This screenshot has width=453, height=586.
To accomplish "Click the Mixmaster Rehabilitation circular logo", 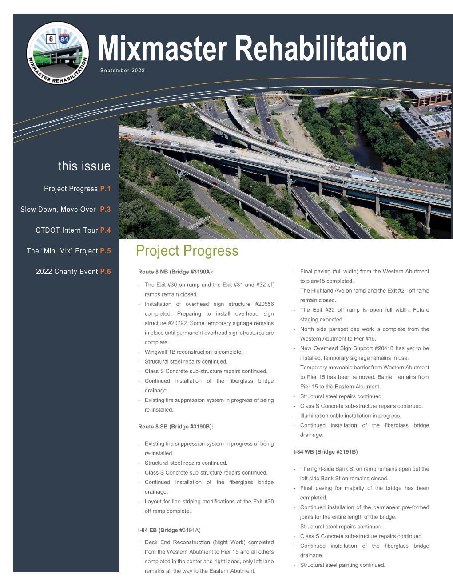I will (x=58, y=52).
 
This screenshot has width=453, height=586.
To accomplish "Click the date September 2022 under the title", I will (x=123, y=71).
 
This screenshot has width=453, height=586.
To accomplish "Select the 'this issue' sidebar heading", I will (x=84, y=166).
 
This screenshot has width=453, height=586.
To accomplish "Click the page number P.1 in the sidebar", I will (x=105, y=189).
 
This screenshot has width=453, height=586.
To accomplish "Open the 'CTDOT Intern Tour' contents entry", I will (x=67, y=230).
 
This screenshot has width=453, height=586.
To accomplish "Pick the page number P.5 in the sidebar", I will (x=105, y=251).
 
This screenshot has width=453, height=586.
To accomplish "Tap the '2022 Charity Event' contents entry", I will (x=67, y=272).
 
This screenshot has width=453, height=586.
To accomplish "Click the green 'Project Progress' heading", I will (x=187, y=251).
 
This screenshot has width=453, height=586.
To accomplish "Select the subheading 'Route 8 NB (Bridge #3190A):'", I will (x=176, y=272).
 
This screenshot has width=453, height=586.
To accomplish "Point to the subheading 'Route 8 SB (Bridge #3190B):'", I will (x=175, y=427).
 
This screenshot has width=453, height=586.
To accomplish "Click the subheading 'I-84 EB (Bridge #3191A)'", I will (x=169, y=530).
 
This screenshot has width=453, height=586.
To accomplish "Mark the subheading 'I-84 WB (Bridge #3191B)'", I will (x=325, y=452).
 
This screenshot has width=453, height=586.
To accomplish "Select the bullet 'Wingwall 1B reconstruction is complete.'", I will (x=194, y=352).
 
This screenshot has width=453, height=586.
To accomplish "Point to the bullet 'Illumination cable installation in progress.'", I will (x=350, y=416).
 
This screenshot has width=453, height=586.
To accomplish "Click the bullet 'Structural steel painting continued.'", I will (x=342, y=565).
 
